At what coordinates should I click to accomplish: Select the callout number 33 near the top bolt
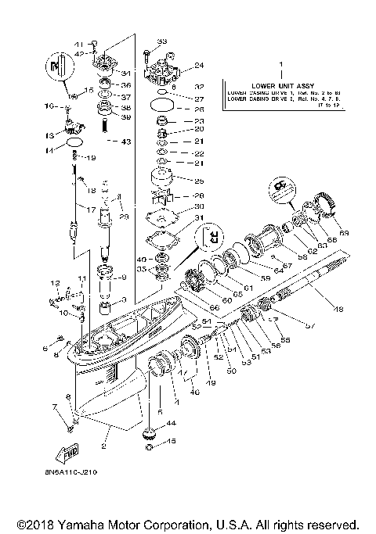coord(162,41)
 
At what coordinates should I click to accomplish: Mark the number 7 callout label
coord(54,407)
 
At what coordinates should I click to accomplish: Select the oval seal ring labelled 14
coord(74,144)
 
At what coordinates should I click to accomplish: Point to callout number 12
coord(56,282)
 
